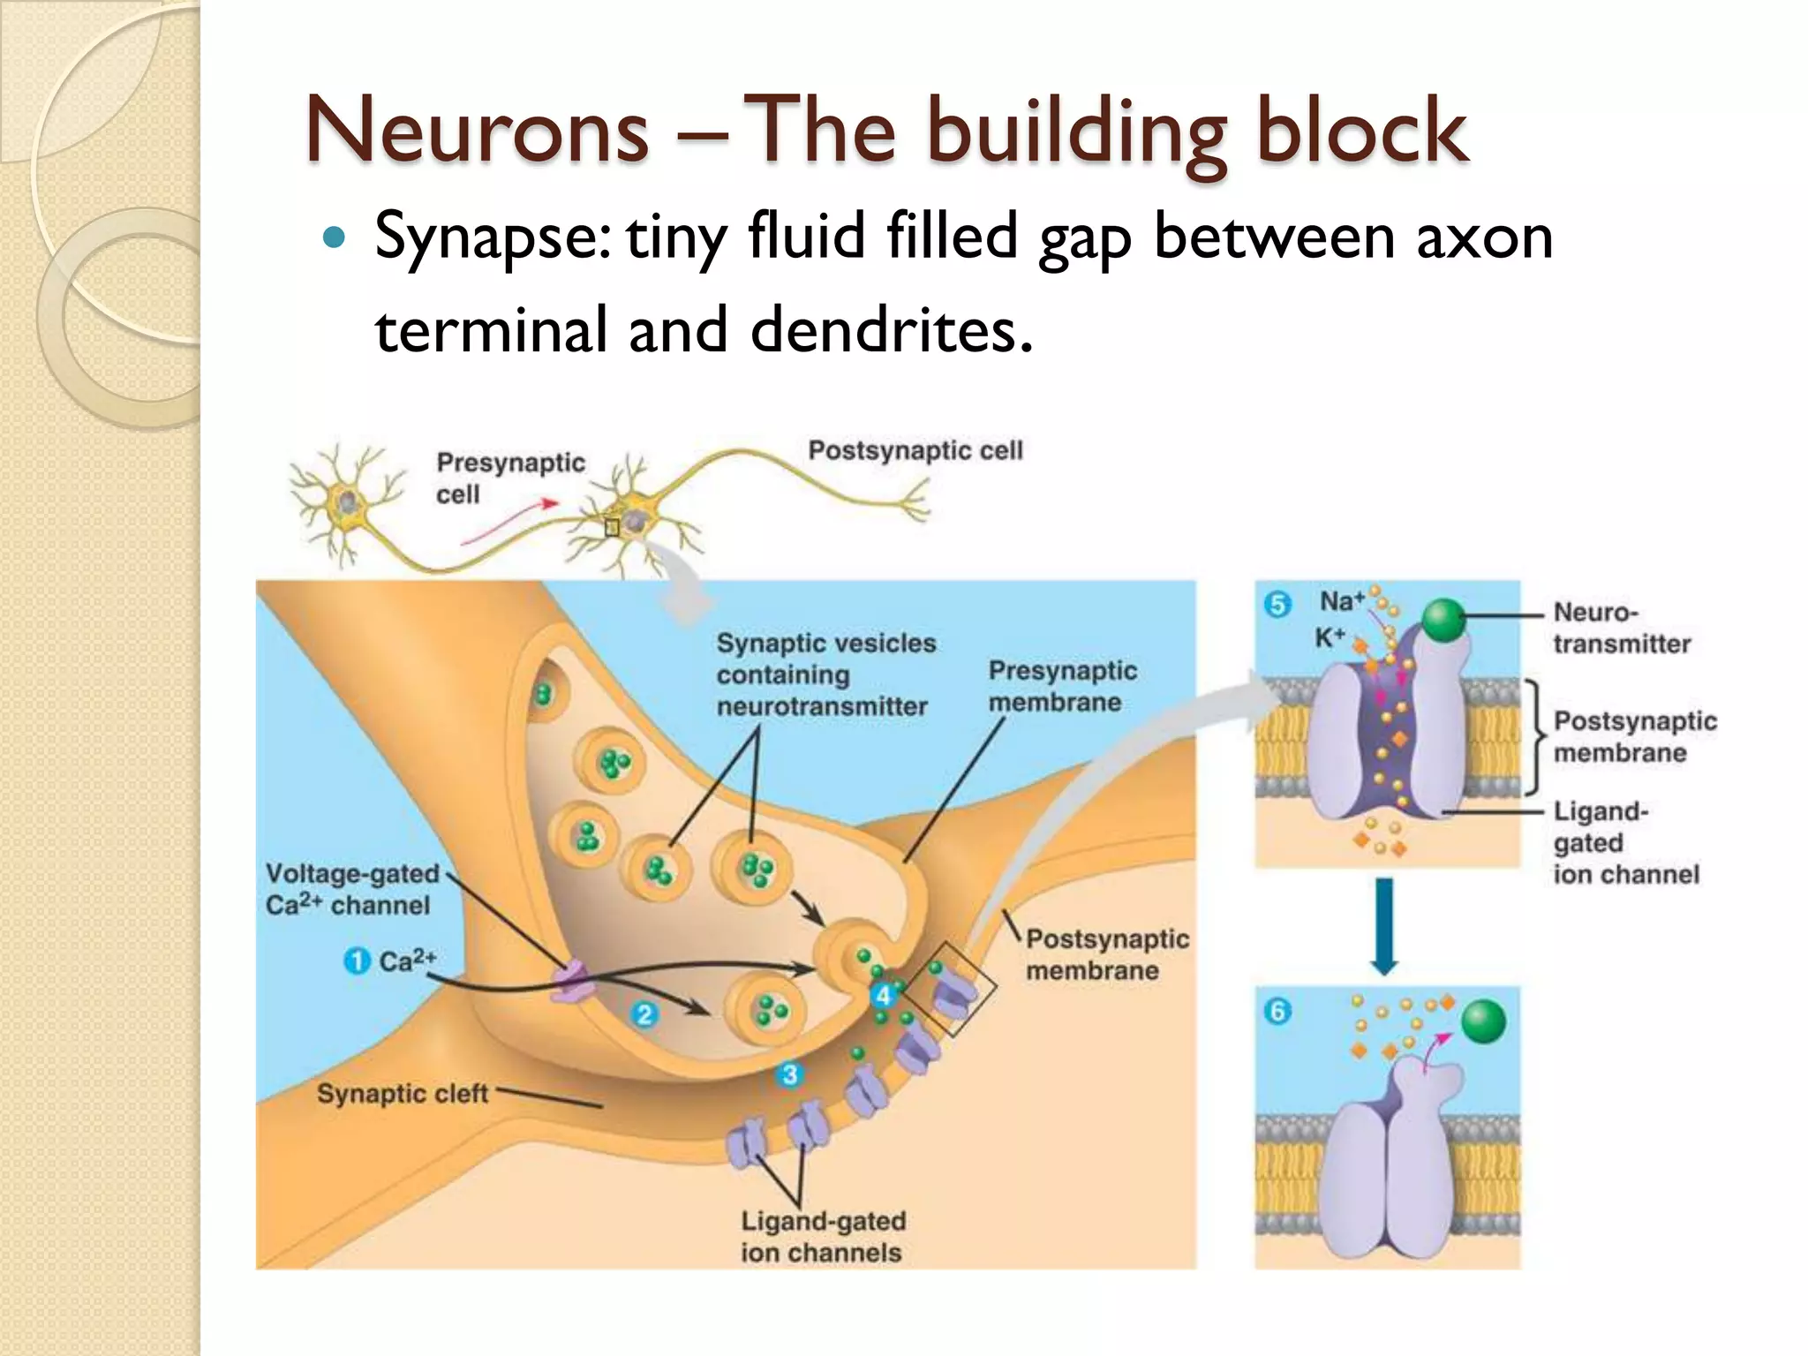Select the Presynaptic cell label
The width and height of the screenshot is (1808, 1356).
coord(509,478)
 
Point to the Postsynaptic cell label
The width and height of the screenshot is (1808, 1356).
coord(915,450)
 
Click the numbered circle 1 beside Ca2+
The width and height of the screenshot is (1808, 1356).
coord(356,960)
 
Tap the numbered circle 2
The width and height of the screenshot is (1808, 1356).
coord(644,1014)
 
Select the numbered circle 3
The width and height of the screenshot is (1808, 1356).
coord(789,1074)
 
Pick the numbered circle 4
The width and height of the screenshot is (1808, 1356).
coord(883,996)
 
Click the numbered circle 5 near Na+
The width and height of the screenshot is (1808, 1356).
coord(1277,605)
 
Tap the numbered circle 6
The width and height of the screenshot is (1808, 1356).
coord(1277,1011)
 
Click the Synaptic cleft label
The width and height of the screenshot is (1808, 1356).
coord(403,1094)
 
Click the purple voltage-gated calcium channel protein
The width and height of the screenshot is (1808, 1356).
coord(569,981)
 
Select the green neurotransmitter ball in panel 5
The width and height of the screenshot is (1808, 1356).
coord(1444,620)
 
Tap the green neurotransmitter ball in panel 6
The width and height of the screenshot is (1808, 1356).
coord(1483,1021)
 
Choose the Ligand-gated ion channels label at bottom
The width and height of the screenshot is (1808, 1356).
coord(823,1237)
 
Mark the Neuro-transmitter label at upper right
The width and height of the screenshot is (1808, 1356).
coord(1621,628)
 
